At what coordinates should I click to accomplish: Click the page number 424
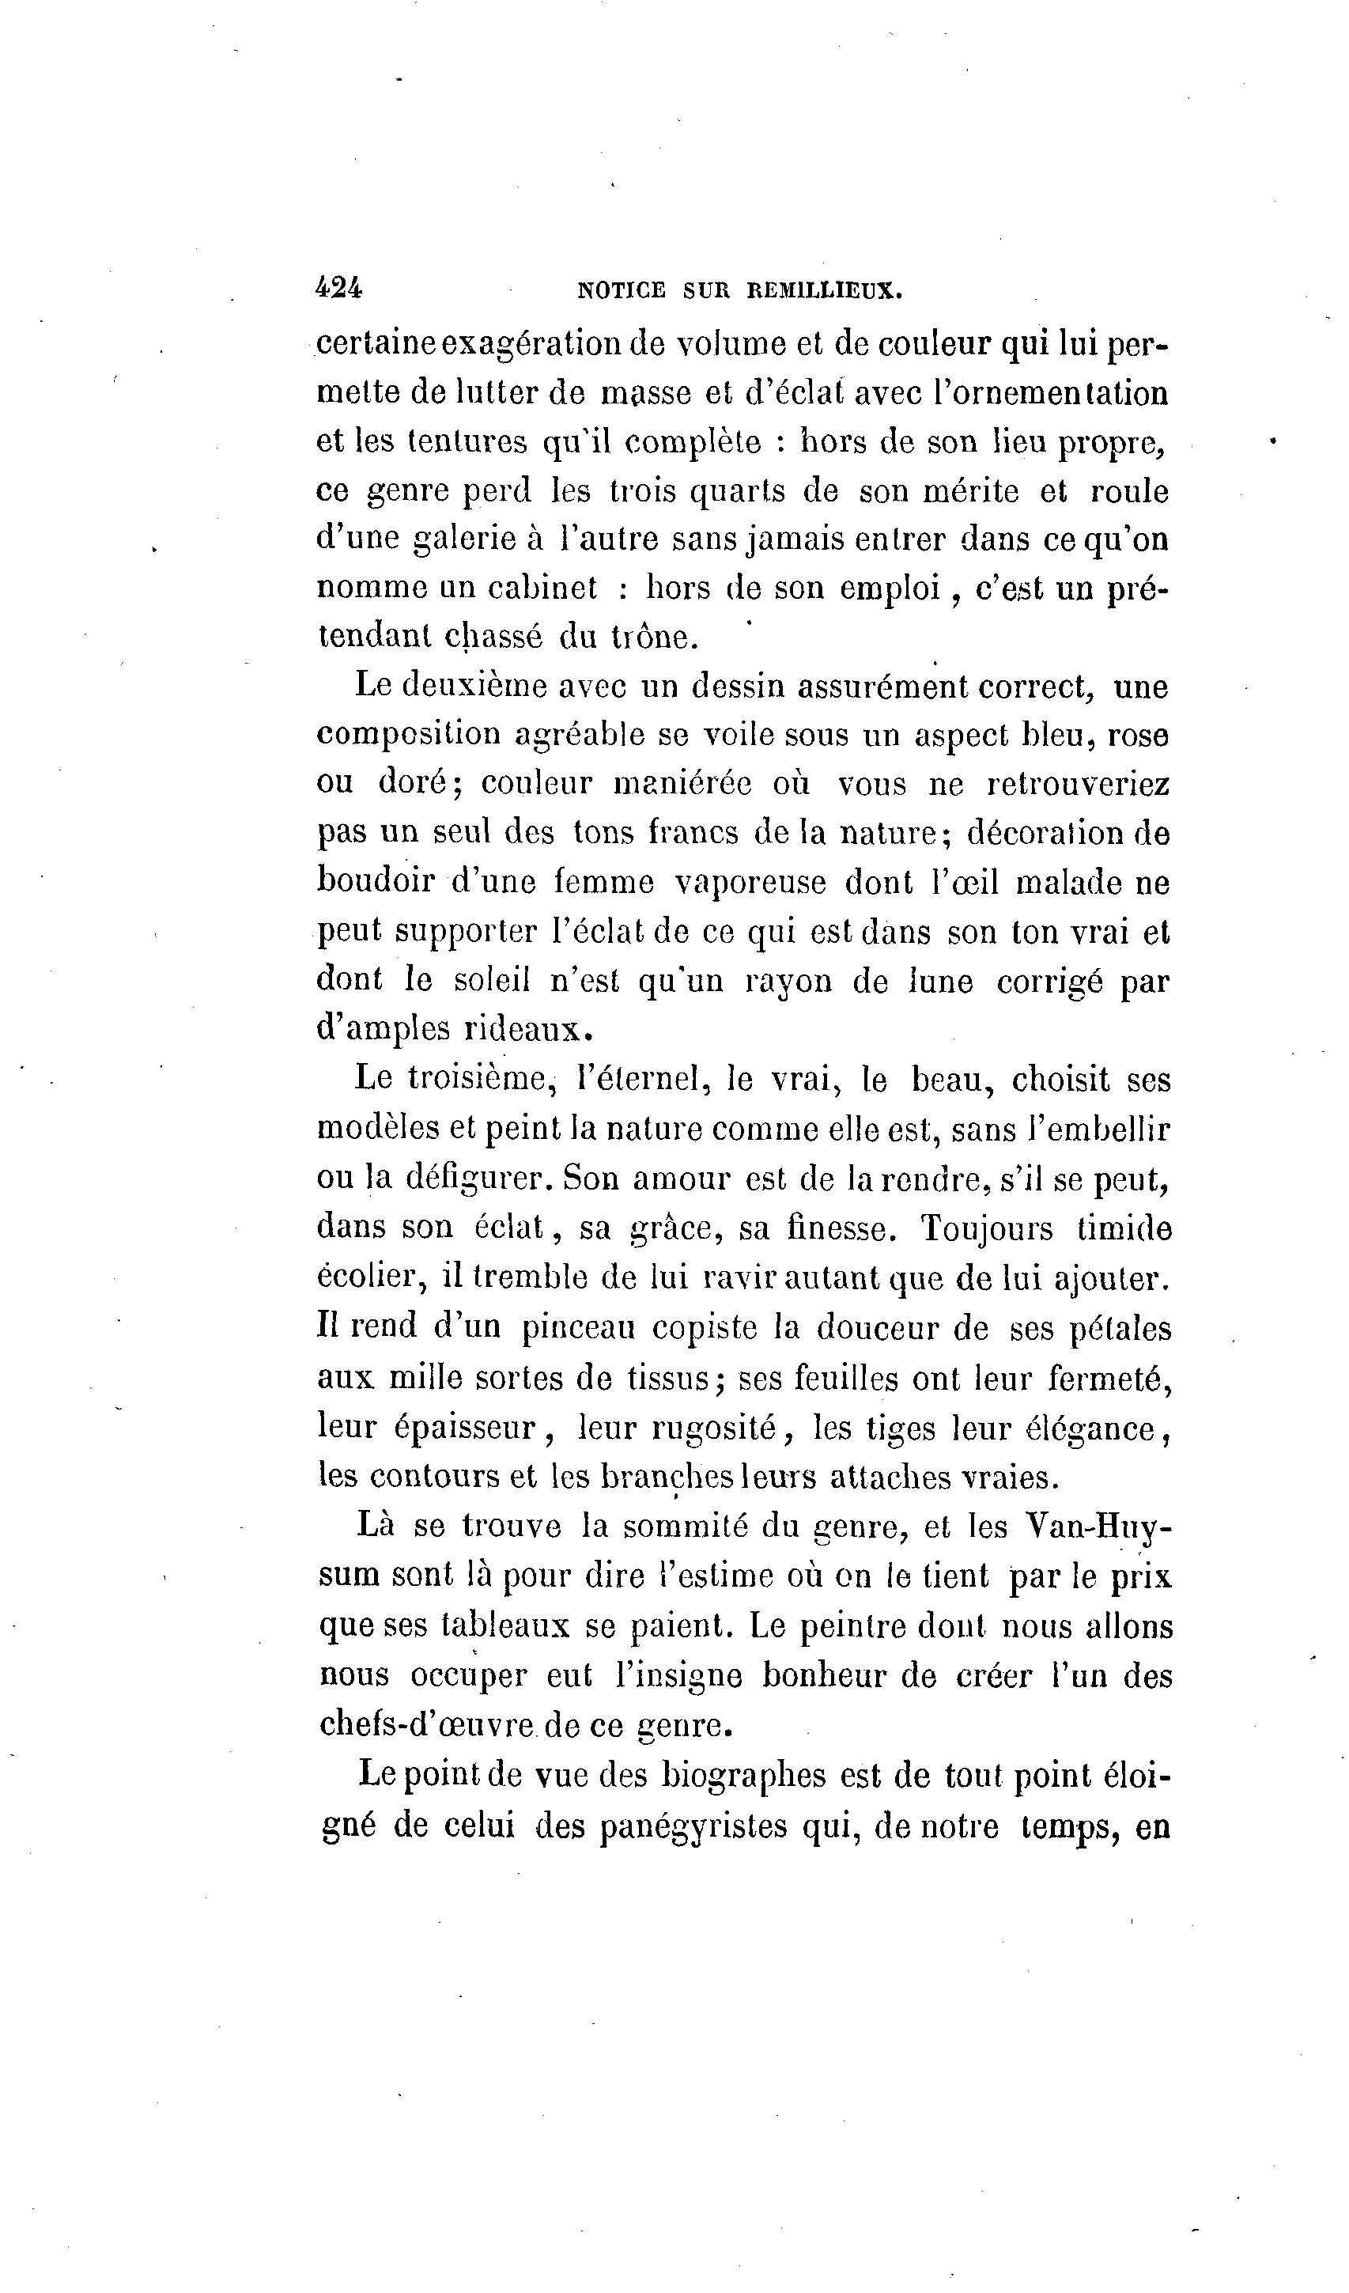338,289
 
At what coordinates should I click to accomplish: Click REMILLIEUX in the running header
824,291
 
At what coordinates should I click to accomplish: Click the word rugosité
713,1428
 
